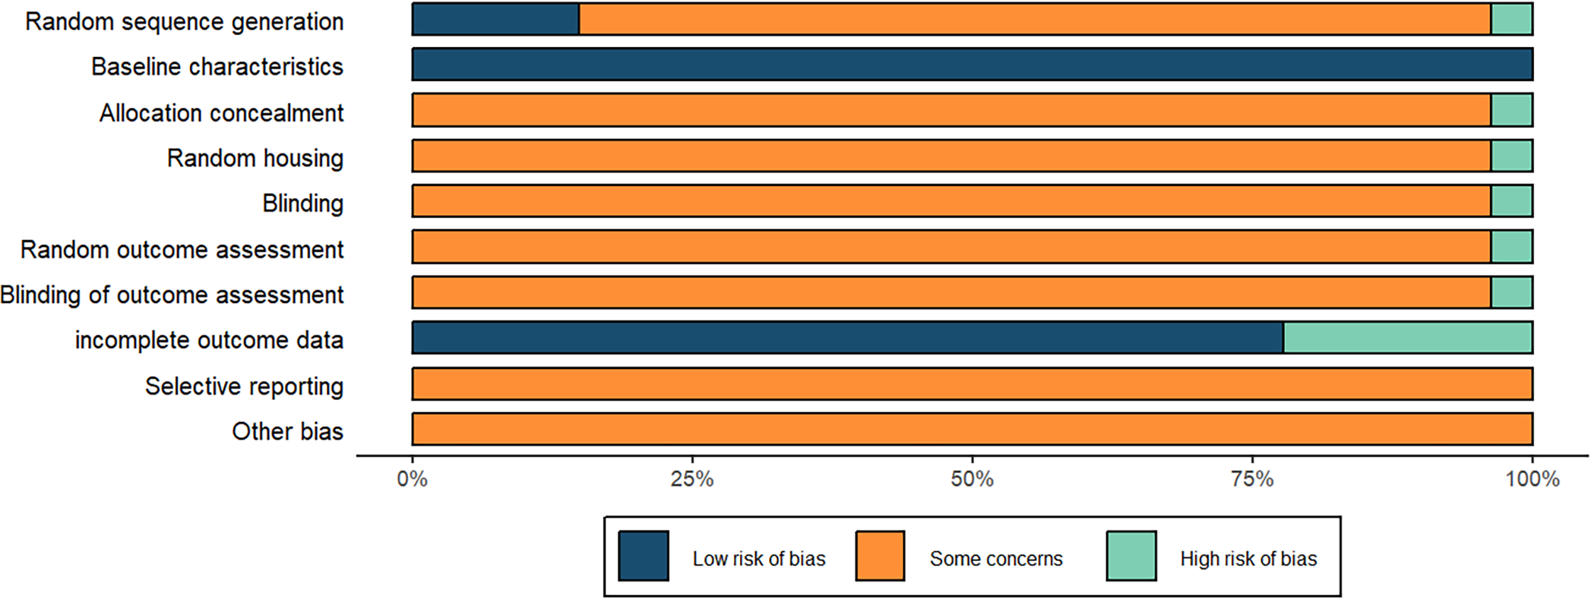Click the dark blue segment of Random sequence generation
coord(495,19)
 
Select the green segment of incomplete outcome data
coord(1407,338)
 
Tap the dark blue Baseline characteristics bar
coord(972,65)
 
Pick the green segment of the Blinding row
coord(1511,201)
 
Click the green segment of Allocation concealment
coord(1511,110)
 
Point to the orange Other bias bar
coord(972,429)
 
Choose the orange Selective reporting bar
coord(972,383)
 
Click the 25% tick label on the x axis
coord(692,480)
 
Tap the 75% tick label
coord(1252,480)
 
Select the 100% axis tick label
coord(1532,480)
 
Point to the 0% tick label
coord(413,480)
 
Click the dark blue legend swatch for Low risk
coord(644,556)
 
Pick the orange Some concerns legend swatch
coord(880,556)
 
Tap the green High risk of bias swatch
coord(1131,556)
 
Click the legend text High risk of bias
coord(1248,559)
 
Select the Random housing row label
coord(255,158)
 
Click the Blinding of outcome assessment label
coord(172,295)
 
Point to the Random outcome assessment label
coord(182,249)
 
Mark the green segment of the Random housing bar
coord(1511,156)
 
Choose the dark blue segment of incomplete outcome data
coord(847,338)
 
